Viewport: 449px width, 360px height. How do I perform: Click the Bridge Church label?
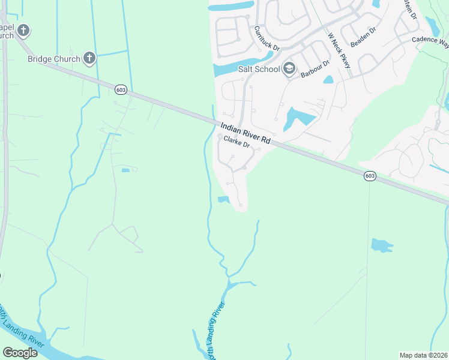click(x=53, y=59)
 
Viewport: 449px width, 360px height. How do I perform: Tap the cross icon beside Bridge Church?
click(x=89, y=58)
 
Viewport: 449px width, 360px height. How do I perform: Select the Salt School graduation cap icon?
click(x=289, y=68)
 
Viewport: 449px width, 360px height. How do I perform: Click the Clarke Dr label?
click(x=236, y=145)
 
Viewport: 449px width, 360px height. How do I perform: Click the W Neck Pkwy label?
click(x=338, y=50)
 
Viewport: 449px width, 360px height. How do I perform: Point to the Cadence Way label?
click(x=430, y=41)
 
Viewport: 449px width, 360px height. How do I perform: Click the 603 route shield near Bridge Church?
click(x=121, y=89)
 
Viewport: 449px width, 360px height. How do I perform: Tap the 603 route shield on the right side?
click(x=370, y=175)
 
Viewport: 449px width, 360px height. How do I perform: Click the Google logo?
click(x=20, y=353)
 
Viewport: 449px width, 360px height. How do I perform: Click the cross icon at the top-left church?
click(x=23, y=29)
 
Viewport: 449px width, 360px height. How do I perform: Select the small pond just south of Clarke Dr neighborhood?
click(x=223, y=200)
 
